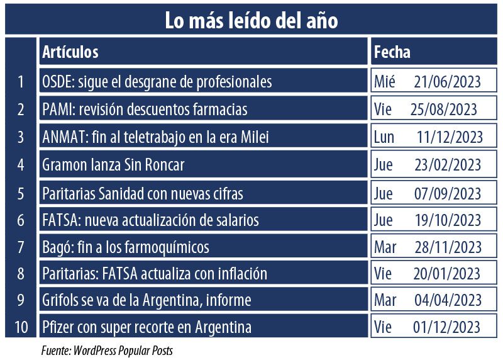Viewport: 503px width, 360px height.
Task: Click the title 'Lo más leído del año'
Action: click(x=251, y=20)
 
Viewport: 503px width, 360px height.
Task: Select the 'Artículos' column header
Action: click(x=70, y=52)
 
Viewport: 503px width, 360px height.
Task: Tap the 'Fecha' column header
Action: click(x=392, y=52)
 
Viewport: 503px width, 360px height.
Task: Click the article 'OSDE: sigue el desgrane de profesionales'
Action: click(x=157, y=82)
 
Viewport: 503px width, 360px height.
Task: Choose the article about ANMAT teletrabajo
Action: click(x=155, y=137)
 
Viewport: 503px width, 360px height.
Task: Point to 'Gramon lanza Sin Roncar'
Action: click(x=113, y=165)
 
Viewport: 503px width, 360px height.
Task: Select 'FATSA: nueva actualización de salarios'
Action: click(x=150, y=220)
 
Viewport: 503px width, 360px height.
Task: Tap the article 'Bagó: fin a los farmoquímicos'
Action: click(x=126, y=247)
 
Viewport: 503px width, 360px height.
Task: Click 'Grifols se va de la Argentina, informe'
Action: click(x=146, y=300)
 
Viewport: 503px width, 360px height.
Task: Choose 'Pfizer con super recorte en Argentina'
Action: click(x=146, y=327)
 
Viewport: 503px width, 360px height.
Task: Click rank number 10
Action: click(x=21, y=327)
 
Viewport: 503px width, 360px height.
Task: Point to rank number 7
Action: click(x=21, y=247)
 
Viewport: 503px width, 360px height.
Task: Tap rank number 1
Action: click(x=21, y=82)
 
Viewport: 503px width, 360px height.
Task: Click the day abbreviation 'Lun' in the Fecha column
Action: click(x=384, y=137)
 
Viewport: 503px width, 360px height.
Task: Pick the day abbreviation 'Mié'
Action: click(x=385, y=82)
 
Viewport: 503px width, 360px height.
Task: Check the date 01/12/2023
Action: click(x=448, y=327)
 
